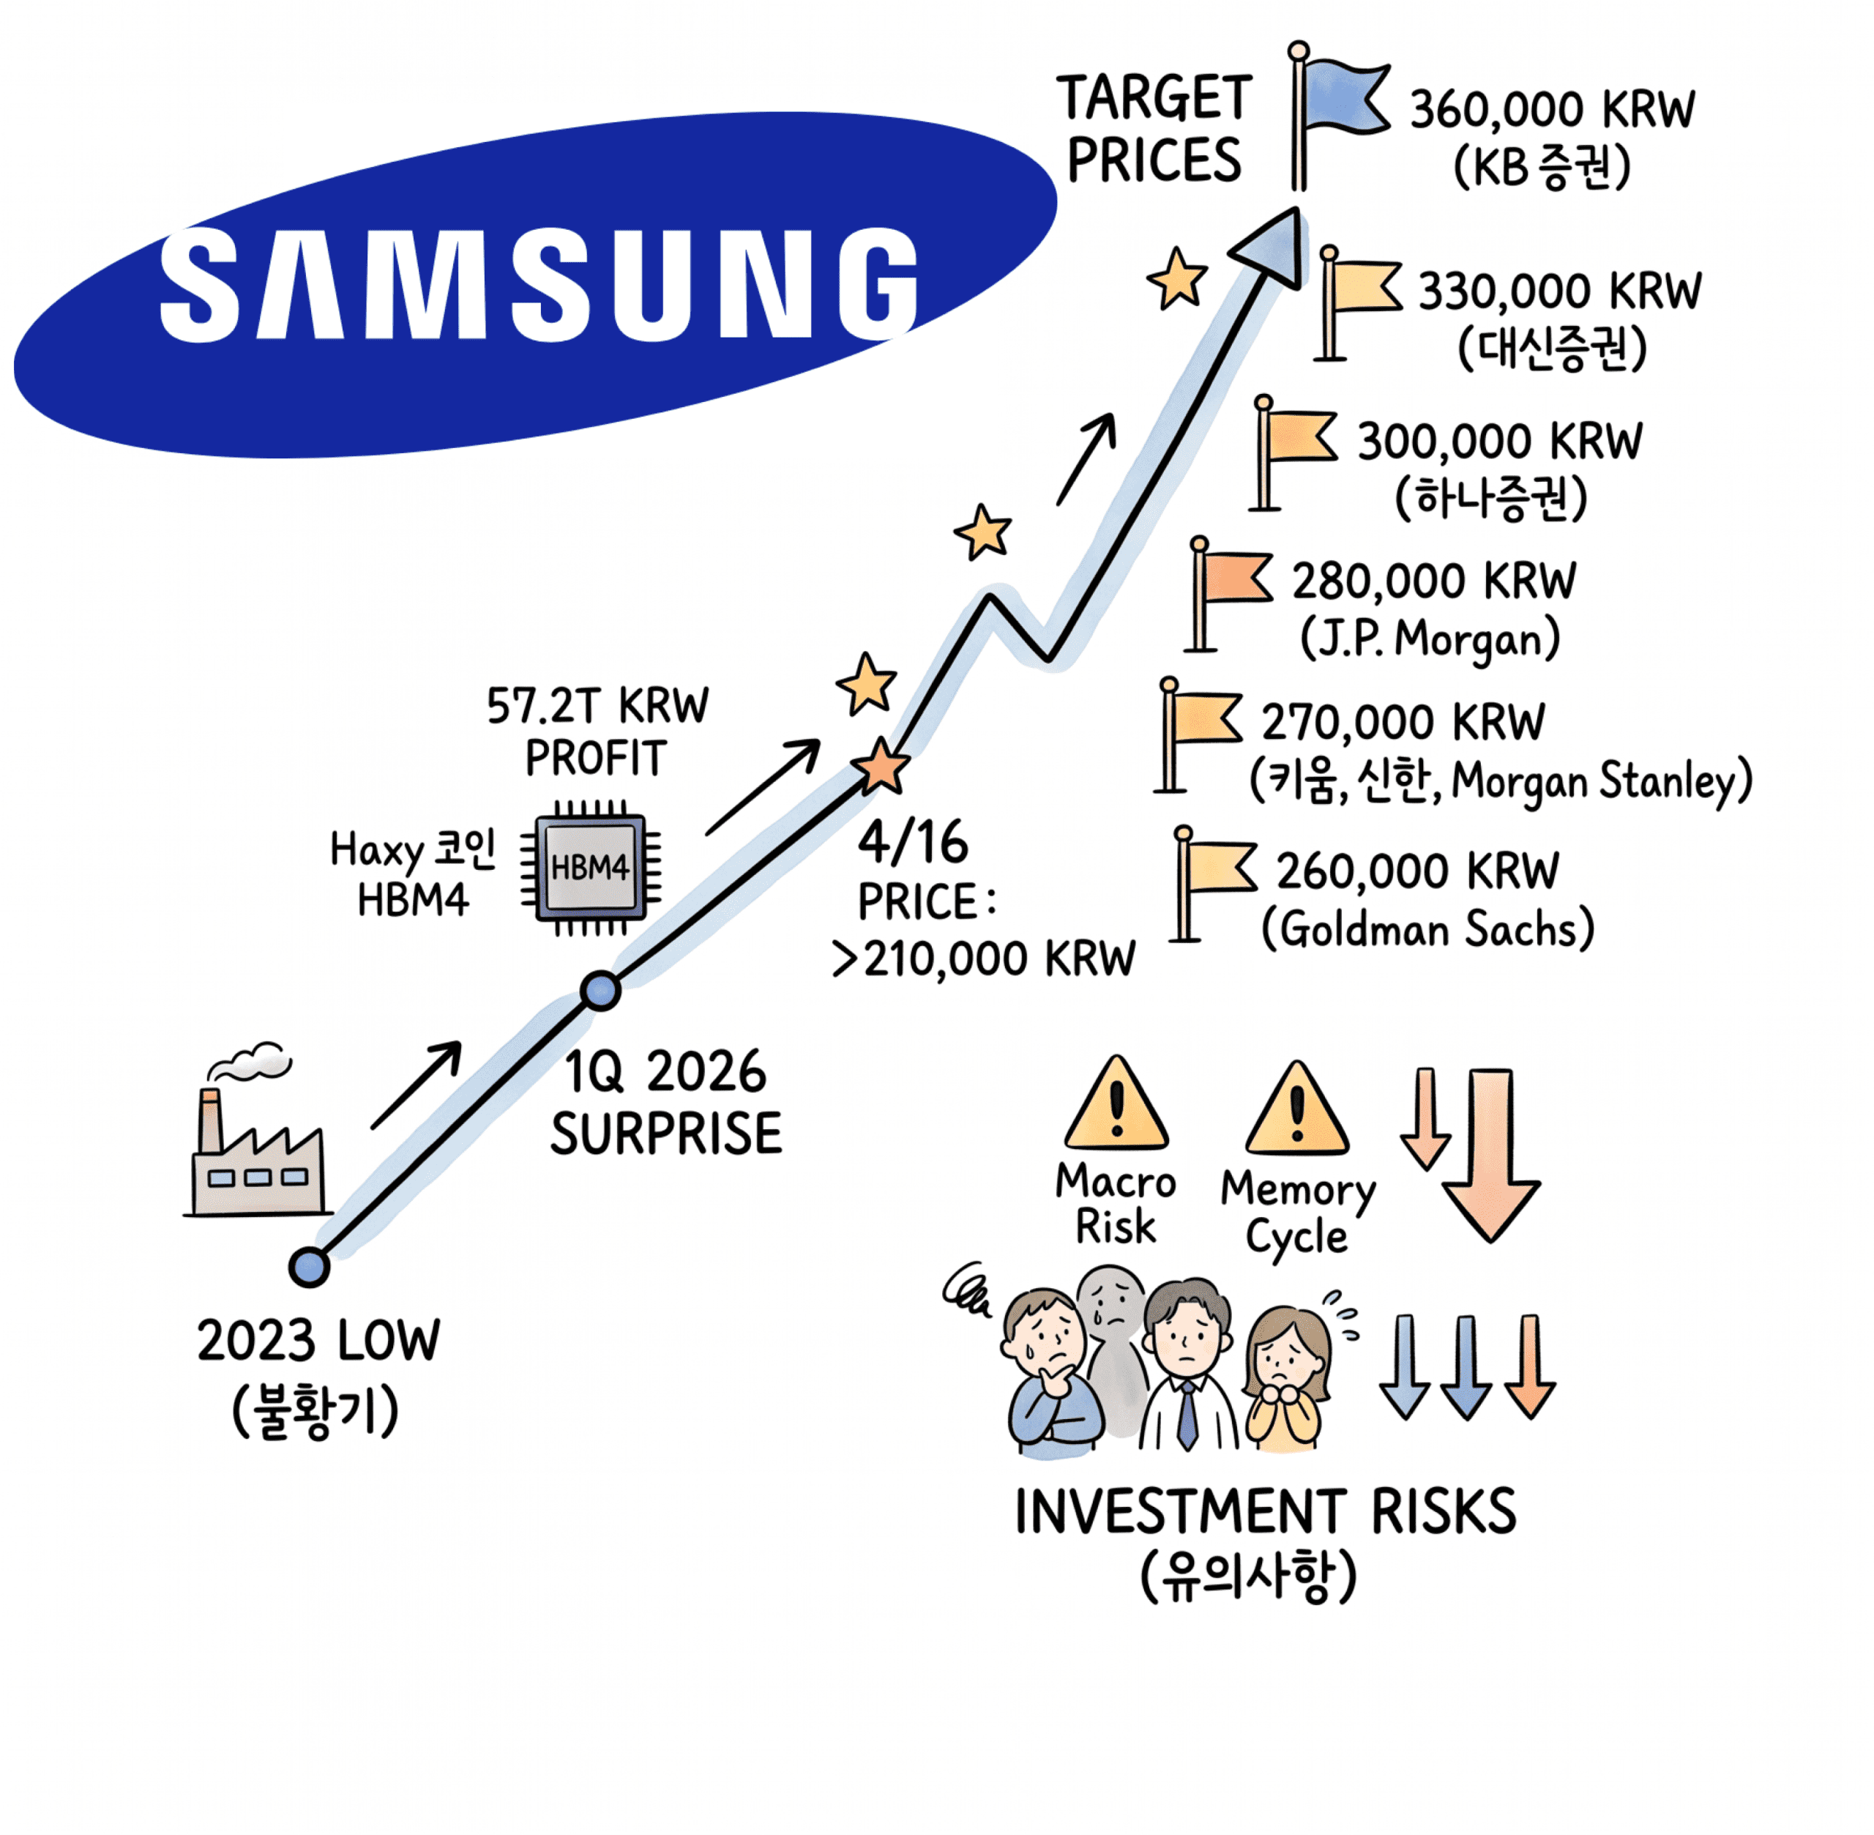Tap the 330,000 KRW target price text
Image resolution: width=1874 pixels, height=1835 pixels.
coord(1559,291)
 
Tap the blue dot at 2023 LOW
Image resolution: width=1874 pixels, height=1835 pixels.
coord(309,1266)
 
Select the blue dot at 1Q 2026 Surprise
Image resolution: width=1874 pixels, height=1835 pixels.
coord(600,990)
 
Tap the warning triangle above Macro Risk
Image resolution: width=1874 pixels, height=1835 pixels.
coord(1116,1106)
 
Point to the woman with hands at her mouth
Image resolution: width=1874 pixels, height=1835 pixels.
coord(1286,1378)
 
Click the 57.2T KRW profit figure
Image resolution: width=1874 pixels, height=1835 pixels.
coord(597,707)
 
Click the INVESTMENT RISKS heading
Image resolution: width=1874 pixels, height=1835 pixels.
coord(1265,1512)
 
